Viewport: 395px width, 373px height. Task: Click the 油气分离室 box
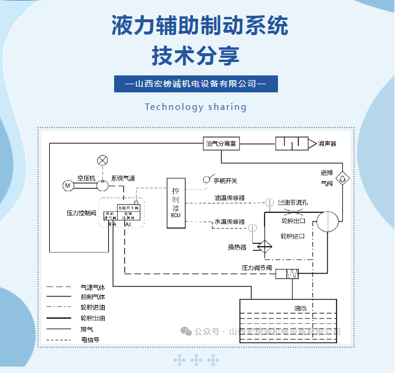[225, 143]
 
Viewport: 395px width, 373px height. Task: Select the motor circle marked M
[68, 185]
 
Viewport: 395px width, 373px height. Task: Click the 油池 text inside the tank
[300, 307]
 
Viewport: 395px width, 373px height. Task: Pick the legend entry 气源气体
[92, 288]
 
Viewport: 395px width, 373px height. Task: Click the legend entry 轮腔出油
[92, 318]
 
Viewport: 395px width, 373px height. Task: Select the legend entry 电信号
[90, 339]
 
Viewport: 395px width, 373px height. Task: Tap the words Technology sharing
[195, 107]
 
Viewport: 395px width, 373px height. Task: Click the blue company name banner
[195, 84]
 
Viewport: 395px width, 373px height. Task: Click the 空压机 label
[85, 177]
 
